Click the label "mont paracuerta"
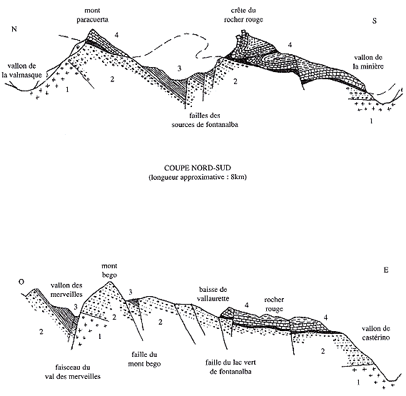(x=92, y=15)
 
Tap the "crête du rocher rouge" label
(x=243, y=15)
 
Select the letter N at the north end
(x=14, y=29)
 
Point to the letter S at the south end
(x=375, y=21)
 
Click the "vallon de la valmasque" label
(x=21, y=71)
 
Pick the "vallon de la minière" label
(x=368, y=62)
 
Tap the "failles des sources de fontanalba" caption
(x=205, y=120)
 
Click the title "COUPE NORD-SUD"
(x=198, y=168)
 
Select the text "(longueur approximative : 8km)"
(x=198, y=177)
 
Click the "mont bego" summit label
(x=109, y=270)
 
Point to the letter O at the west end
(x=21, y=282)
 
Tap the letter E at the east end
(x=386, y=270)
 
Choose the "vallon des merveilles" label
(x=66, y=290)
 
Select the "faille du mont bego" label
(x=144, y=359)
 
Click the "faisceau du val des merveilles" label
(x=73, y=372)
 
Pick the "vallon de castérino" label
(x=375, y=333)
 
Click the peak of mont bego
(x=109, y=281)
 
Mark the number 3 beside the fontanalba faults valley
(x=179, y=68)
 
